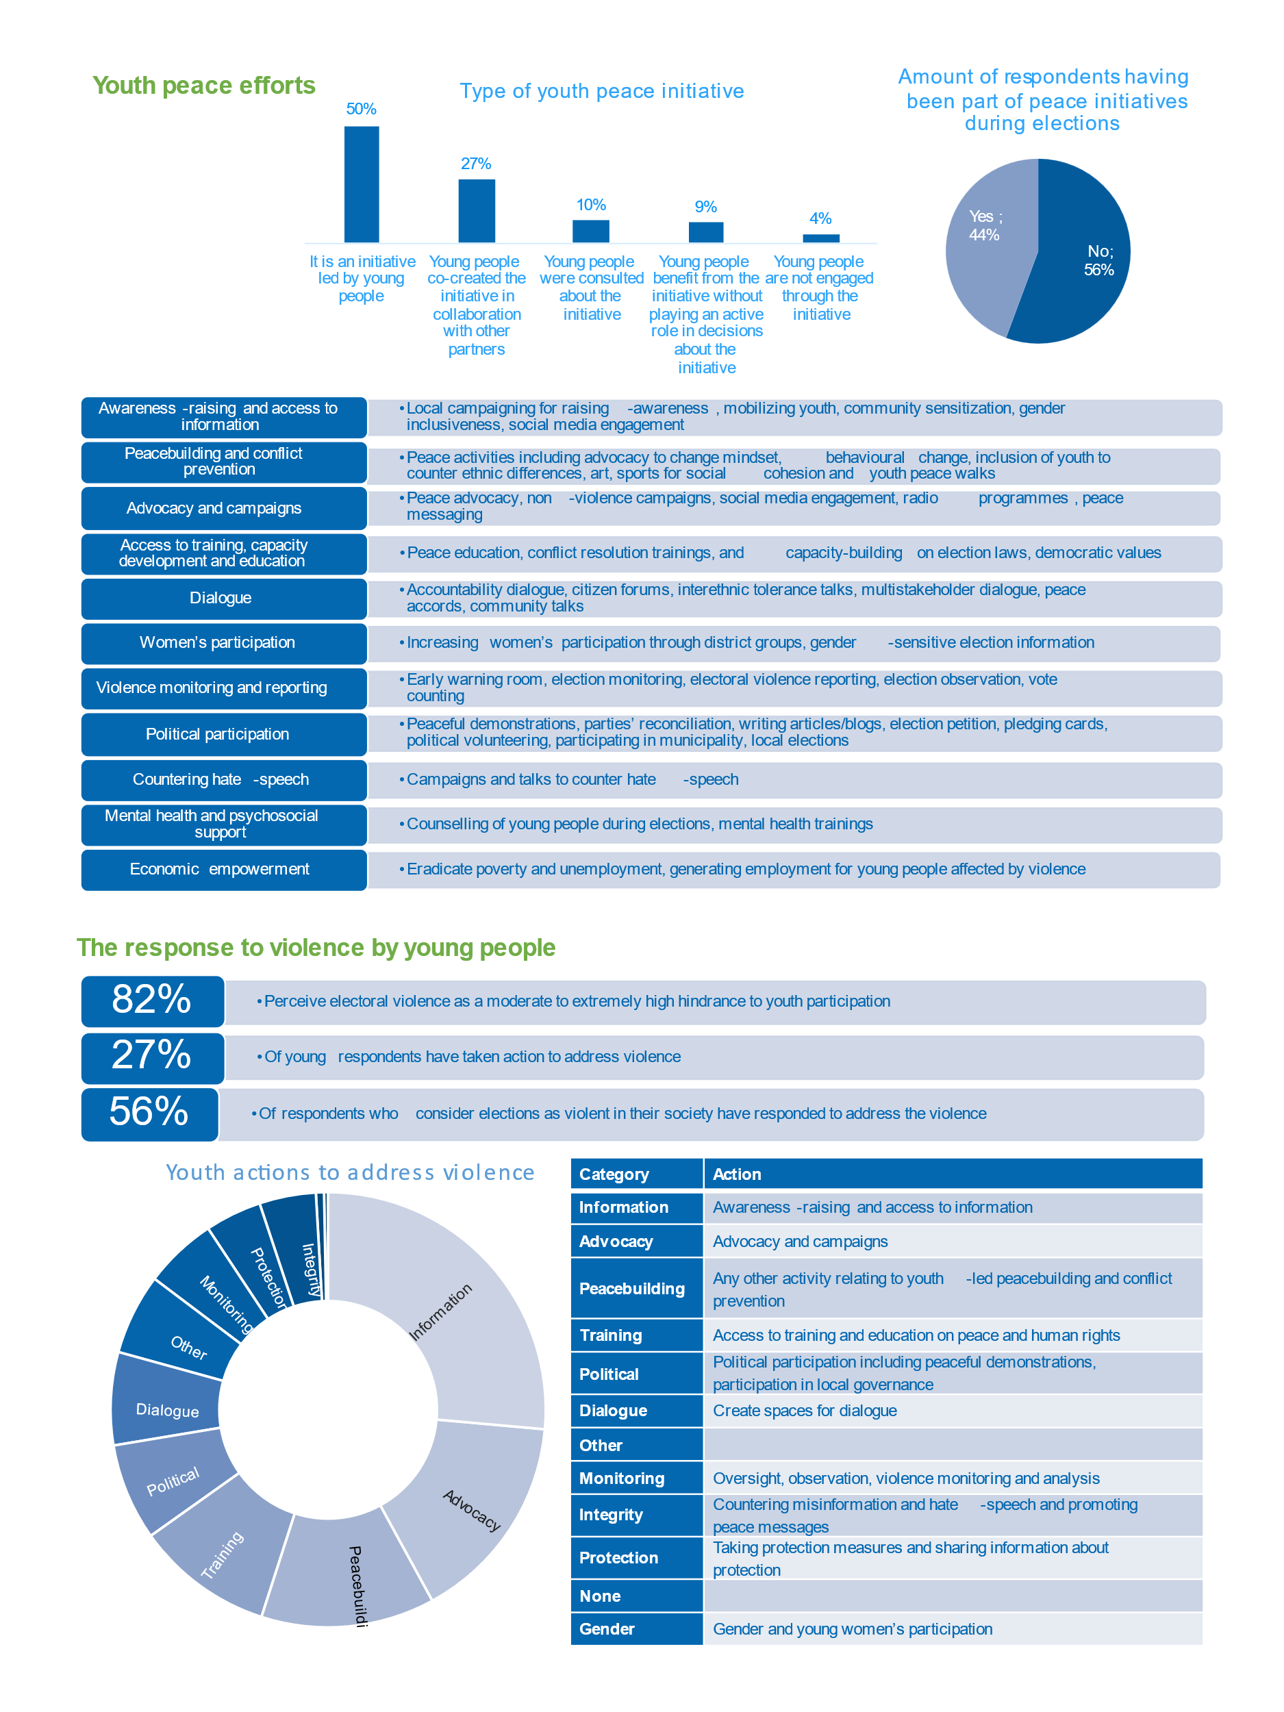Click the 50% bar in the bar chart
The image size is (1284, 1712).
pos(362,184)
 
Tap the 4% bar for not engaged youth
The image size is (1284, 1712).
pos(820,238)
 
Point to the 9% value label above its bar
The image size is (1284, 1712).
pos(705,207)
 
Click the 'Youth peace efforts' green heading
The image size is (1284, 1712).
pos(203,85)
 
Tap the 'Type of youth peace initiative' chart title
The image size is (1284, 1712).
pos(601,91)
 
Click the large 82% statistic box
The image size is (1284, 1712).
pos(153,1000)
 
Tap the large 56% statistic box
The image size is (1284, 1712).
pos(149,1112)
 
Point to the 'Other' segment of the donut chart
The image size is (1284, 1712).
pos(182,1343)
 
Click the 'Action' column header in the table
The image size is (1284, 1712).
pos(952,1174)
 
